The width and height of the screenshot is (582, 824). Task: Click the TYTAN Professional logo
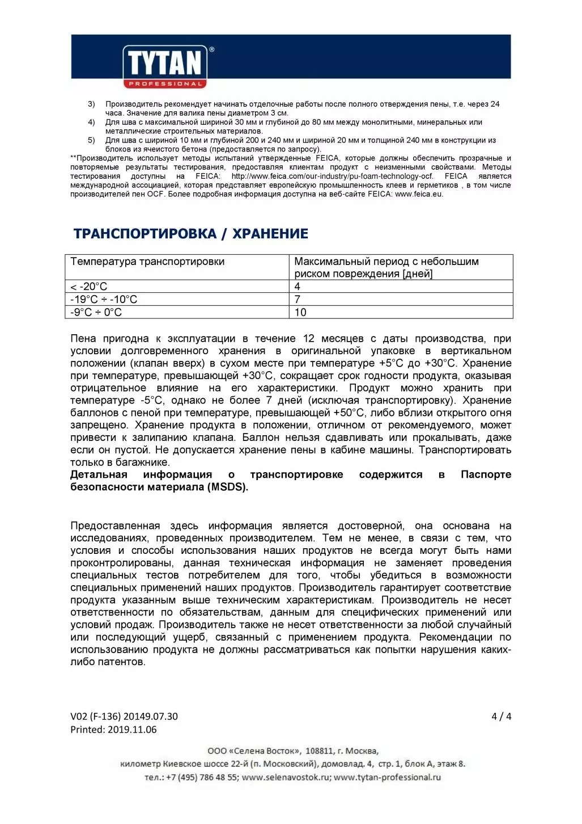click(x=165, y=66)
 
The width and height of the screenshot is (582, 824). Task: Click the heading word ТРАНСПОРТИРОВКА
click(x=145, y=234)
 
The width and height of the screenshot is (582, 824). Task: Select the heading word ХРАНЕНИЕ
click(x=270, y=234)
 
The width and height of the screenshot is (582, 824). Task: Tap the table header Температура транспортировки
click(x=147, y=262)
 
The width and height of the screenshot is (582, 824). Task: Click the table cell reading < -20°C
click(x=89, y=287)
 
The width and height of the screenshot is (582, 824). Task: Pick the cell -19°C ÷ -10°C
click(x=104, y=300)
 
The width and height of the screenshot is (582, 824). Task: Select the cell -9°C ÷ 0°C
click(x=96, y=312)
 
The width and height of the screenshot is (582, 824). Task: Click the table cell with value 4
click(x=298, y=287)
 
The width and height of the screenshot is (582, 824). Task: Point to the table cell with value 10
click(x=300, y=312)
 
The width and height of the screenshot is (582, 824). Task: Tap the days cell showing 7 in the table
click(x=298, y=300)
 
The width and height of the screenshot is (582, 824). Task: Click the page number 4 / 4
click(x=501, y=716)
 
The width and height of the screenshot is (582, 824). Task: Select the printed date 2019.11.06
click(x=131, y=730)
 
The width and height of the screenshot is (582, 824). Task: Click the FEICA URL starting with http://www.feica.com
click(x=332, y=176)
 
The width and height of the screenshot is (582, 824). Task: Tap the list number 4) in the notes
click(x=91, y=122)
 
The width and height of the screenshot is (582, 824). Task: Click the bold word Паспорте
click(x=486, y=474)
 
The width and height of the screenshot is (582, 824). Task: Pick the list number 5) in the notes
click(x=91, y=140)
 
